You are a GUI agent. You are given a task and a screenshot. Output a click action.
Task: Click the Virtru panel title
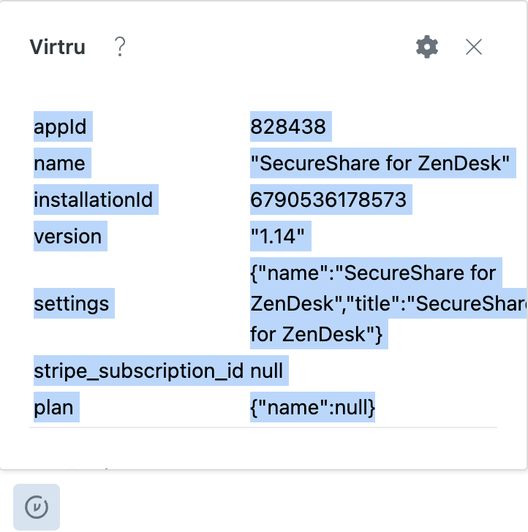[x=57, y=47]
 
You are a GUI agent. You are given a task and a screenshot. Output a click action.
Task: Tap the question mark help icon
[x=120, y=47]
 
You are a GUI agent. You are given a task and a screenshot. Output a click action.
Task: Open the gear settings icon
[x=427, y=47]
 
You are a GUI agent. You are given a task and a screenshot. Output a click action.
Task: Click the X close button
[x=474, y=47]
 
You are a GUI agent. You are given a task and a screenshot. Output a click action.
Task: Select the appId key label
[x=60, y=126]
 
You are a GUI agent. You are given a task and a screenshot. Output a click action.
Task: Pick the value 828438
[x=288, y=126]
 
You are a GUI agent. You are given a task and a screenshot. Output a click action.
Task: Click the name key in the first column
[x=59, y=163]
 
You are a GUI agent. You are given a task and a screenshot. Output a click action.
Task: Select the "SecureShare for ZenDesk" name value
[x=380, y=163]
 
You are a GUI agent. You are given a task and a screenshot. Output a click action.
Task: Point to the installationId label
[x=94, y=199]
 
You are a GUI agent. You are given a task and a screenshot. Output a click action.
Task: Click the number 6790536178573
[x=328, y=199]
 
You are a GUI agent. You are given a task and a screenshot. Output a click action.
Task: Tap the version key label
[x=68, y=236]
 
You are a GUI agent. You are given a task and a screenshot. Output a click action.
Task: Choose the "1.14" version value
[x=277, y=236]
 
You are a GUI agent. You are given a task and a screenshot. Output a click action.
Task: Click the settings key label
[x=72, y=304]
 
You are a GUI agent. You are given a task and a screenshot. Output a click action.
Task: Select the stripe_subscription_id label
[x=138, y=370]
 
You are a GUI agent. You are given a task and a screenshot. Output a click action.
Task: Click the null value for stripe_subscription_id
[x=266, y=370]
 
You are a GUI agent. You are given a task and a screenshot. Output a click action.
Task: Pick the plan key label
[x=53, y=408]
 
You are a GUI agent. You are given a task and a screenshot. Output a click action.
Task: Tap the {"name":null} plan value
[x=313, y=407]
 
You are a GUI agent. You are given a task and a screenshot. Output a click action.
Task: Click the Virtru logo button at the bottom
[x=37, y=507]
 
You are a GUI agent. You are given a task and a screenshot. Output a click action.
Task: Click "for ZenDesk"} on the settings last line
[x=317, y=334]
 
